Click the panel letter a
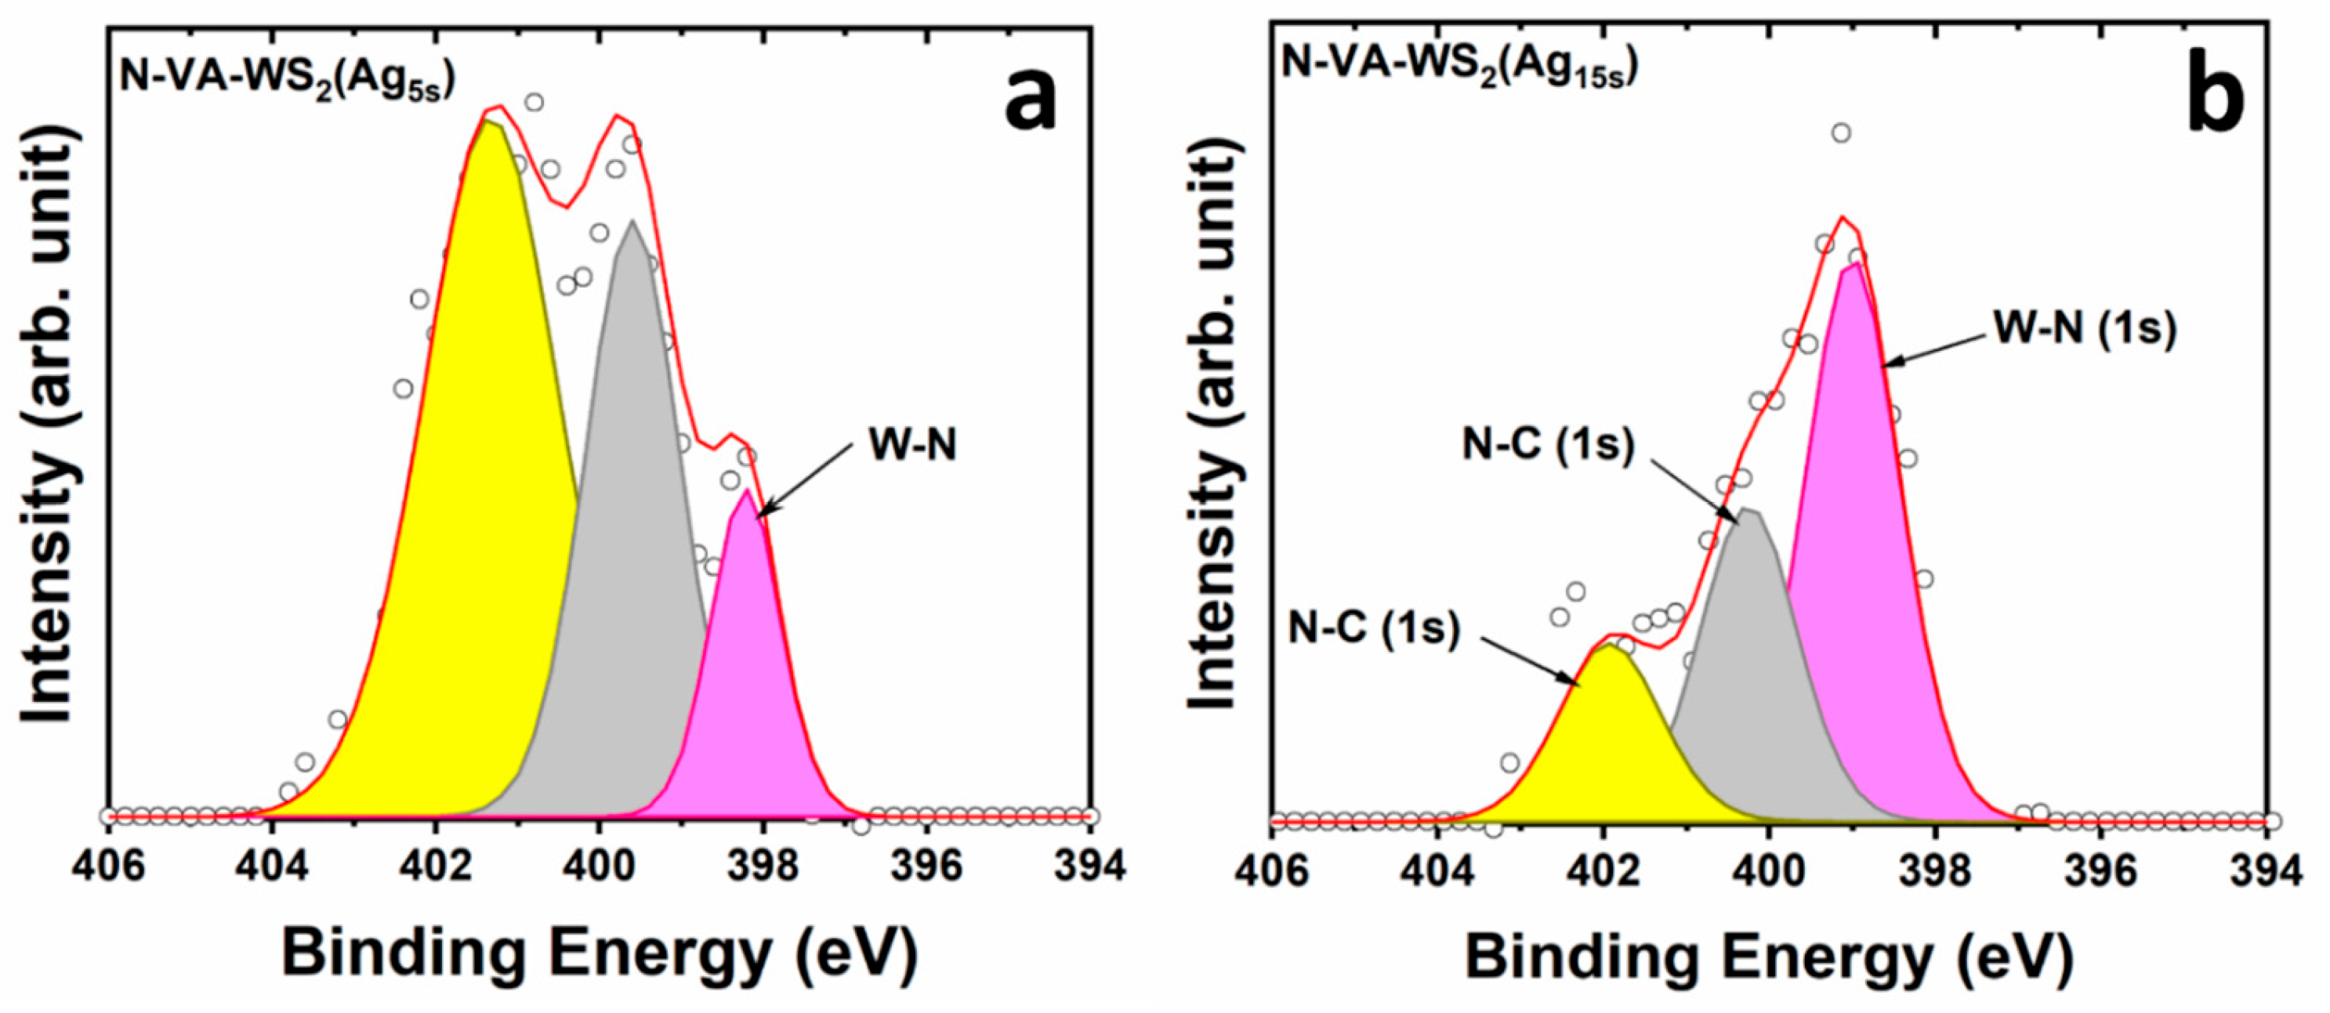1031,100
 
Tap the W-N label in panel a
911,445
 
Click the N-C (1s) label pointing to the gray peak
1549,445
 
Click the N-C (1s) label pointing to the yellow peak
1374,628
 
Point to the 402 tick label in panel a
435,866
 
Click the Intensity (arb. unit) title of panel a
49,425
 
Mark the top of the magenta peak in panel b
1855,263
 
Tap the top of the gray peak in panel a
632,221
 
